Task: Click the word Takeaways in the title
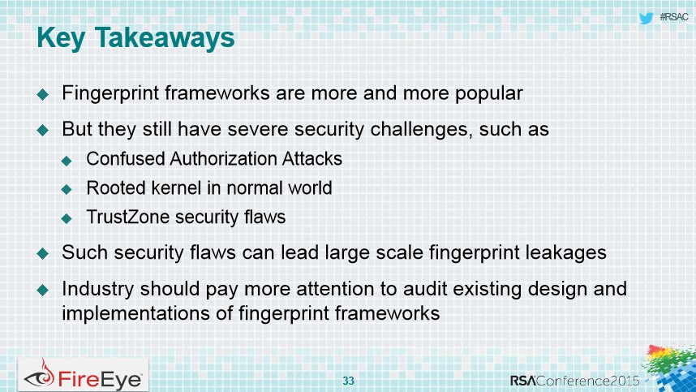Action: [165, 37]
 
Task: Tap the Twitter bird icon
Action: [647, 18]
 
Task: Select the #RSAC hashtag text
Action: [674, 17]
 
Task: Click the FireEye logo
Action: [83, 375]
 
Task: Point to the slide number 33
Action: [349, 381]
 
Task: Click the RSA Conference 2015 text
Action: [575, 381]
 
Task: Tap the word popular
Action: [488, 94]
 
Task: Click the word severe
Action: [259, 130]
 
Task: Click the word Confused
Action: [126, 158]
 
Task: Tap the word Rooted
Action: [116, 187]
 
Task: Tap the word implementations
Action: [136, 313]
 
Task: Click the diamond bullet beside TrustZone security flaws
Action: [67, 218]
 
